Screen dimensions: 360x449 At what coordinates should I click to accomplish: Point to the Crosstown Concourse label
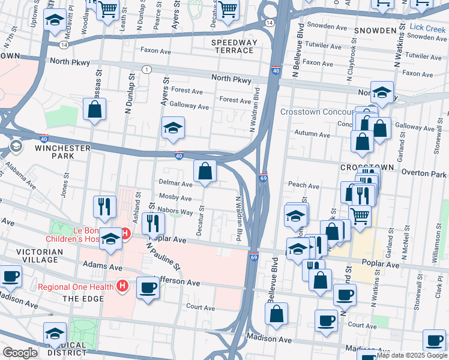(x=318, y=112)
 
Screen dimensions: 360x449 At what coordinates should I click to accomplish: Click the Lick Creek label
(x=429, y=28)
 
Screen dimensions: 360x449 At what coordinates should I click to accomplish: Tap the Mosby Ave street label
(x=175, y=198)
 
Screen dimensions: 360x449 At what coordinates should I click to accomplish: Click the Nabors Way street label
(x=175, y=212)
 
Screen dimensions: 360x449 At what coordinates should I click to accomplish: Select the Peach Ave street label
(x=304, y=186)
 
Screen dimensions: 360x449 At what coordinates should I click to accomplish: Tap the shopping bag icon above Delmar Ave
(x=205, y=171)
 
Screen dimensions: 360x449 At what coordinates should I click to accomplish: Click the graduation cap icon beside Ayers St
(x=173, y=128)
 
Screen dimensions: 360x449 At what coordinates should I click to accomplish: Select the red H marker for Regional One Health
(x=122, y=286)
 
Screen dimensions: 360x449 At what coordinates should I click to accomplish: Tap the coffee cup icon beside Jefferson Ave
(x=148, y=288)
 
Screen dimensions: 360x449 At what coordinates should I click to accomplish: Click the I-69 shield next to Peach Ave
(x=264, y=178)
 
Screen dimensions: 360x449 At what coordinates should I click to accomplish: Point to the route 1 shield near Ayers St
(x=146, y=70)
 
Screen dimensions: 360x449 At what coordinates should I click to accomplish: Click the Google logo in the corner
(x=20, y=353)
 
